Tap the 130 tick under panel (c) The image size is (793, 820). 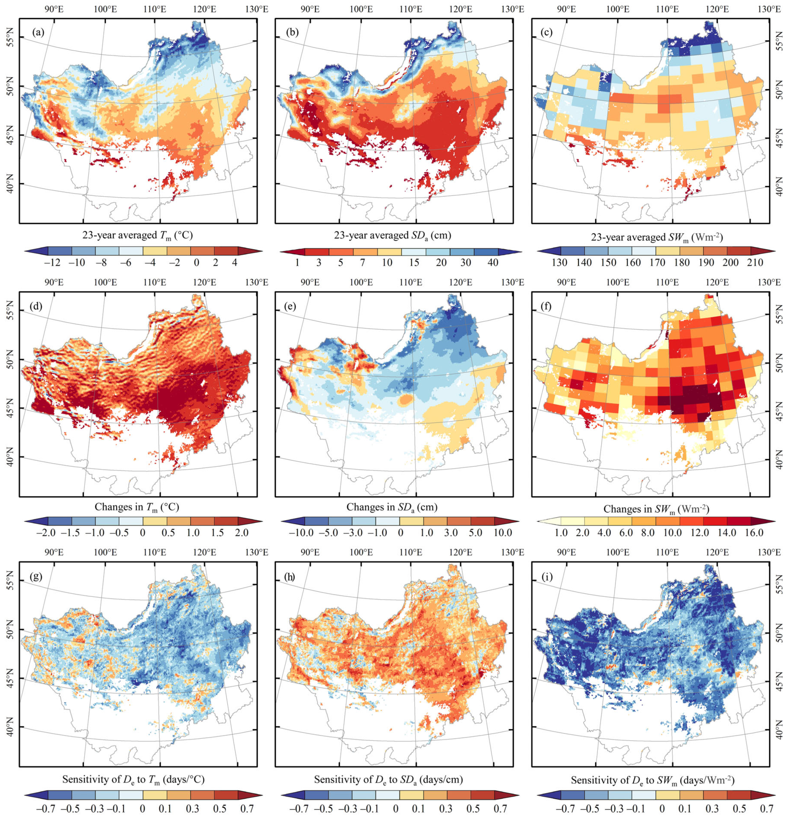pos(560,263)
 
